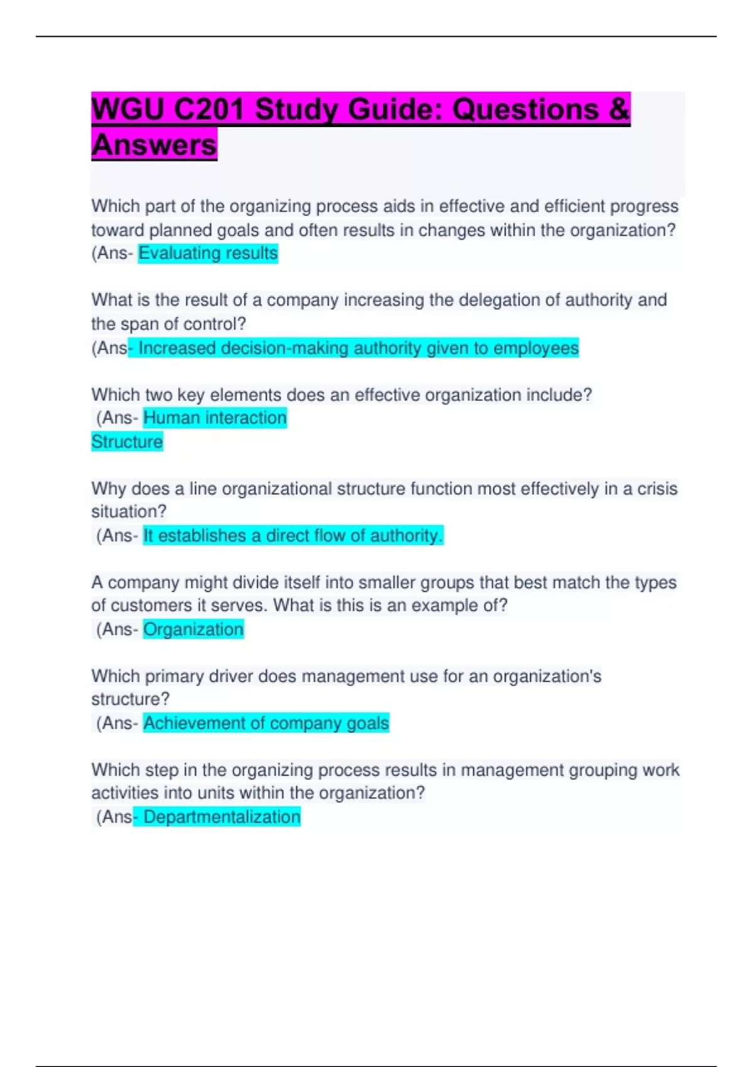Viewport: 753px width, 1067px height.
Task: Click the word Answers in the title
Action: click(154, 145)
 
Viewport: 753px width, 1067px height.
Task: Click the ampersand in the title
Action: click(618, 110)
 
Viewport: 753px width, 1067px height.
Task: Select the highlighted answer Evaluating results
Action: click(208, 254)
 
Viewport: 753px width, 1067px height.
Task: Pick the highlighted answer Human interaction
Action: click(215, 418)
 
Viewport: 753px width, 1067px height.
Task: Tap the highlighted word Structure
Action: click(127, 442)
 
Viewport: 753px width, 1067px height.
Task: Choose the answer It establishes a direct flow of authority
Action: click(293, 536)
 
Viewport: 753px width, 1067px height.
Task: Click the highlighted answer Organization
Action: click(193, 630)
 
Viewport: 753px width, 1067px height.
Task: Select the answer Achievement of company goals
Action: click(266, 723)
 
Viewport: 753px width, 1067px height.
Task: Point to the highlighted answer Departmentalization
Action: click(222, 817)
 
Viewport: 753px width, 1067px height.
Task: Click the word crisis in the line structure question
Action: click(657, 489)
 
